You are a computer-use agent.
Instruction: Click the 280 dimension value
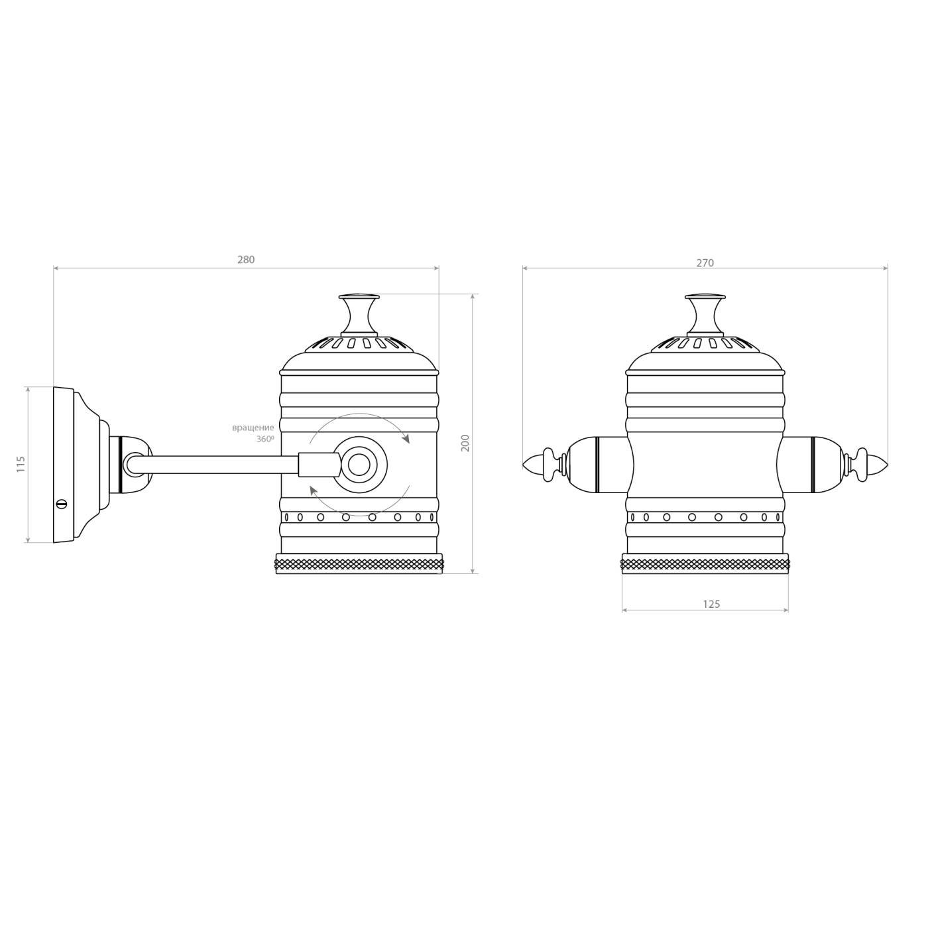(x=246, y=260)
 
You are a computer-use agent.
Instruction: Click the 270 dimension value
(x=705, y=263)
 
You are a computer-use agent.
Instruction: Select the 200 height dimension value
(x=465, y=443)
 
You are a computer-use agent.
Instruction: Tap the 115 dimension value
(x=21, y=463)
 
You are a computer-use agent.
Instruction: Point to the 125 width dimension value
(x=711, y=604)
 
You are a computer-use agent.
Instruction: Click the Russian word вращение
(x=253, y=428)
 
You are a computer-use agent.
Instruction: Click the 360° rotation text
(x=265, y=439)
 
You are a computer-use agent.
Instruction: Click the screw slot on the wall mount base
(x=62, y=504)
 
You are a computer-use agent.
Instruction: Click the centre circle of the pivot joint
(x=359, y=465)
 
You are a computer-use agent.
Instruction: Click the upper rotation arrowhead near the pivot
(x=406, y=439)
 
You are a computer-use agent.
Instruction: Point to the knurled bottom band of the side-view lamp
(x=359, y=565)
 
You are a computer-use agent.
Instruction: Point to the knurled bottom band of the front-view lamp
(x=705, y=565)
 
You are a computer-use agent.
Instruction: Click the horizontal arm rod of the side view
(x=219, y=464)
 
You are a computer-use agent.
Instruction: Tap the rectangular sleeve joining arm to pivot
(x=318, y=464)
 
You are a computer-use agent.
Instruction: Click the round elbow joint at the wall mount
(x=132, y=463)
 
